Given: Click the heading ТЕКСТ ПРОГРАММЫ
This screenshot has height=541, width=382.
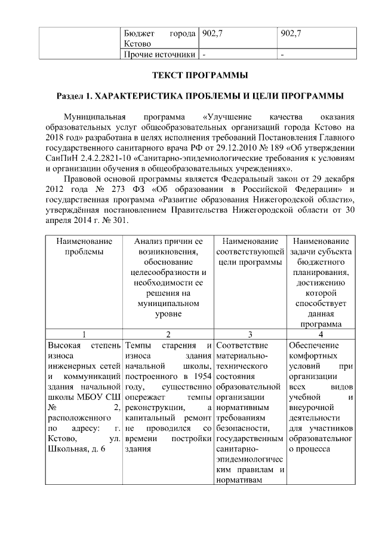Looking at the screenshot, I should point(192,76).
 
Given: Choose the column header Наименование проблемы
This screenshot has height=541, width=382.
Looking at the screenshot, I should point(84,246).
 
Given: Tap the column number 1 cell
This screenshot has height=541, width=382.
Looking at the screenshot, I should point(84,334).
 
